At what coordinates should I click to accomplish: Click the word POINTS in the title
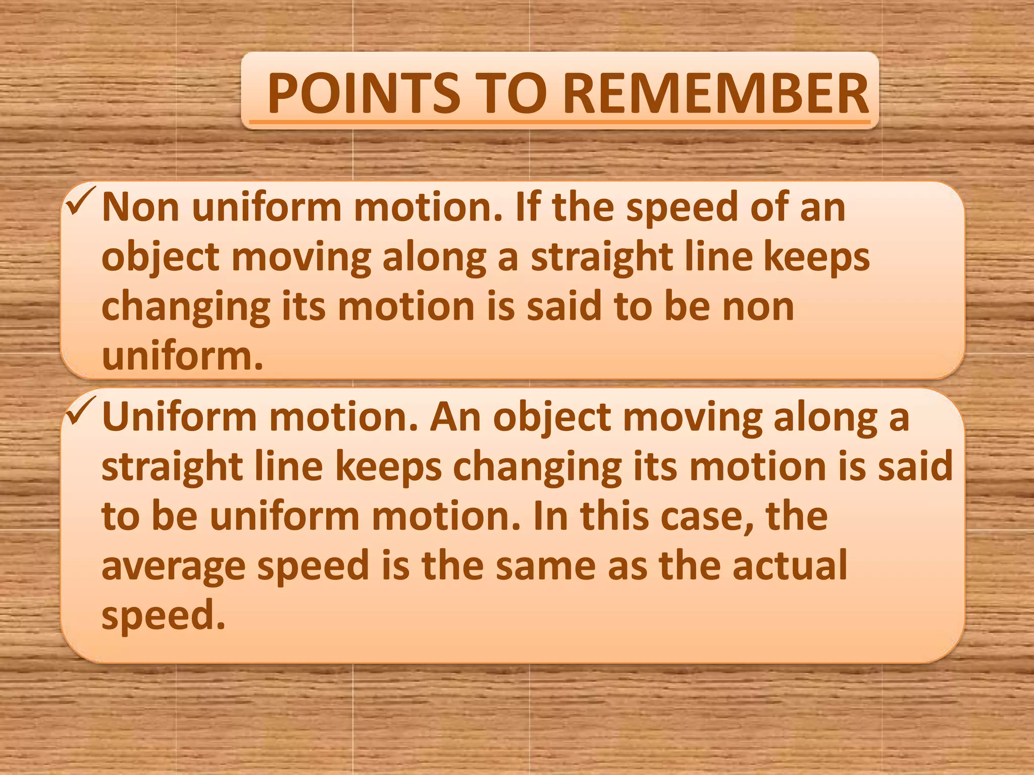click(x=364, y=94)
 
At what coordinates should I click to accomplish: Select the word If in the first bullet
click(x=528, y=207)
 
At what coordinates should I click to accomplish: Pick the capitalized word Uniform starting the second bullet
click(x=179, y=417)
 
